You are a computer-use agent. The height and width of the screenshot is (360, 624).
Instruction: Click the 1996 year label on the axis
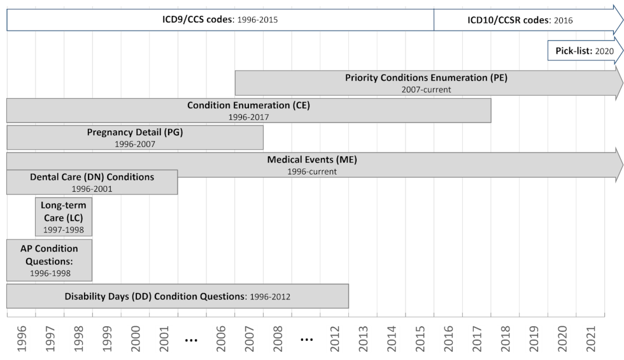click(22, 340)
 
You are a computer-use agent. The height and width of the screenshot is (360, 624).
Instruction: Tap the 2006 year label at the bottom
click(222, 340)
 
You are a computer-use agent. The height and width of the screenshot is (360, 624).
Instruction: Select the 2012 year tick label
click(334, 340)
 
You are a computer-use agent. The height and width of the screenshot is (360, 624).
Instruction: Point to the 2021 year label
click(591, 340)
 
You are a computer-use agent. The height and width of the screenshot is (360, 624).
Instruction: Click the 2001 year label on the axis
click(164, 340)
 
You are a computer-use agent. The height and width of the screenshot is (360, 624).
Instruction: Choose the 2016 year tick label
click(448, 340)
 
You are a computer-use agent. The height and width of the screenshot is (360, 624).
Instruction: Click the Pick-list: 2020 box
click(583, 50)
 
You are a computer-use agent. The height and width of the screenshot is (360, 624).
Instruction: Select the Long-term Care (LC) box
click(64, 217)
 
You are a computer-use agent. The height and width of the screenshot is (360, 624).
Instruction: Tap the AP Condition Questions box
click(50, 260)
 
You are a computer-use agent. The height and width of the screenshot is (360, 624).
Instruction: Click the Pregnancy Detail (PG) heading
click(135, 133)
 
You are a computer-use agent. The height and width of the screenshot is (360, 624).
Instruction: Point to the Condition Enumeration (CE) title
click(248, 105)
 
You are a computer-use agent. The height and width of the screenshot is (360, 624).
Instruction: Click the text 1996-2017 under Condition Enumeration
click(248, 117)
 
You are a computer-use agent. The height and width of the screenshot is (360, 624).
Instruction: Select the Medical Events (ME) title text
click(312, 159)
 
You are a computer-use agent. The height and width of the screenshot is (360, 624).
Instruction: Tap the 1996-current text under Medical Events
click(312, 171)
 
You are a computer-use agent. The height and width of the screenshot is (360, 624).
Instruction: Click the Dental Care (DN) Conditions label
click(92, 176)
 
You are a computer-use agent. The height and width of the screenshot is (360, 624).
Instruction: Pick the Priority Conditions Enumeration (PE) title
click(426, 78)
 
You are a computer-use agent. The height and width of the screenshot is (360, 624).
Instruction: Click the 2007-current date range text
click(426, 90)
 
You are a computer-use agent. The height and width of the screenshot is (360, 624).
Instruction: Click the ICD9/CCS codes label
click(197, 20)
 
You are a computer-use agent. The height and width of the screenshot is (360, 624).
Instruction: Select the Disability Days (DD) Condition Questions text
click(155, 296)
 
